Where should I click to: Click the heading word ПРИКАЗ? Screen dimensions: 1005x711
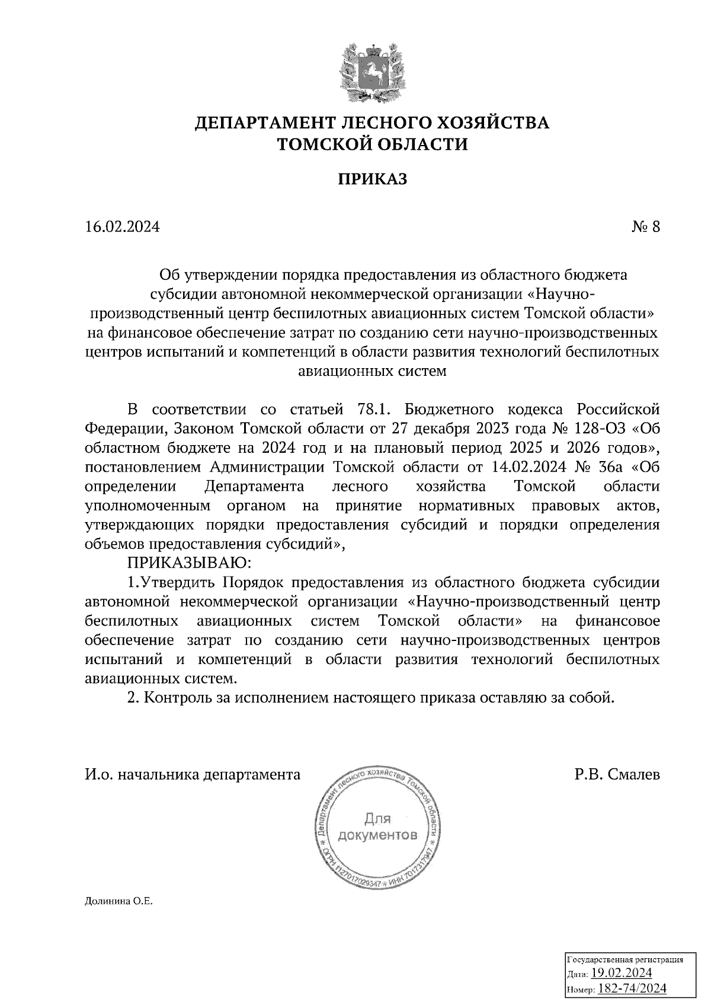pos(373,179)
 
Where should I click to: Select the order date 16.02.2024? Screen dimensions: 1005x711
pos(122,227)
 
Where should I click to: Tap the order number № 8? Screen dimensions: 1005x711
pos(645,227)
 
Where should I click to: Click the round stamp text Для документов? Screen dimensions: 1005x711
pos(377,828)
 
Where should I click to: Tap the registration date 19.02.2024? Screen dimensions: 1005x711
pos(622,973)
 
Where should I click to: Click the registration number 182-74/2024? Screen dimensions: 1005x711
pos(633,988)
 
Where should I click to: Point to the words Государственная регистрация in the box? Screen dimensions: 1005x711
pos(625,960)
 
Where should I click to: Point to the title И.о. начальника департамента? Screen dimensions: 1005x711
pos(193,774)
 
